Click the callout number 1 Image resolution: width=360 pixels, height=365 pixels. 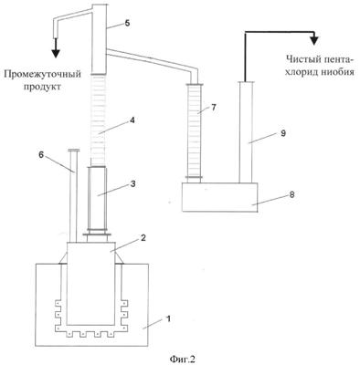[x=167, y=318]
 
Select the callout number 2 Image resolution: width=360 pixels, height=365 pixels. [x=143, y=237]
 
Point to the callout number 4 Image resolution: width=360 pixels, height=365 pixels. [x=132, y=120]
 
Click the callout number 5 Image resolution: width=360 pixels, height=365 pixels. [x=127, y=24]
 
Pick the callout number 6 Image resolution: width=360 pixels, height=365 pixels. [x=41, y=155]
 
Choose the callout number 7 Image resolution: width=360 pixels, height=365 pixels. [x=213, y=107]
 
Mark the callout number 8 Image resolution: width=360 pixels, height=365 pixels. [x=291, y=194]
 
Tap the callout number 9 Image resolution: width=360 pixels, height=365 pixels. [x=283, y=133]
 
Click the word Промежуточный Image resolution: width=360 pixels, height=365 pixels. [x=43, y=75]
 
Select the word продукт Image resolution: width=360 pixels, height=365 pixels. [x=43, y=87]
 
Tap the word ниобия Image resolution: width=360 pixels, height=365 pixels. [x=339, y=72]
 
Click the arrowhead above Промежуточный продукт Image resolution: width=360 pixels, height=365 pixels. [x=55, y=52]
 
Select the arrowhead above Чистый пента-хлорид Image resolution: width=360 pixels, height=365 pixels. [x=314, y=40]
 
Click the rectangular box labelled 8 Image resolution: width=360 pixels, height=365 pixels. [x=219, y=197]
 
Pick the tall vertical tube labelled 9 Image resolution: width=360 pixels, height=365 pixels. [x=246, y=132]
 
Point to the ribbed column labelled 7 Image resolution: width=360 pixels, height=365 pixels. [x=195, y=133]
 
